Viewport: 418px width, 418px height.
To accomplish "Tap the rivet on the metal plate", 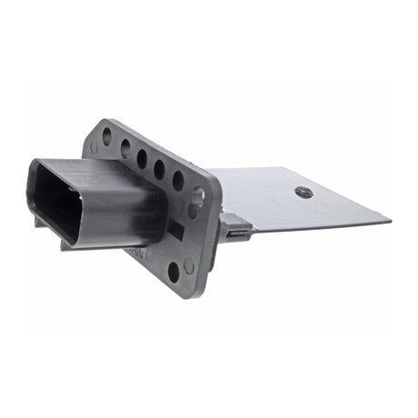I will pyautogui.click(x=304, y=192).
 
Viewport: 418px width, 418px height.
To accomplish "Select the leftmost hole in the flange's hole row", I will pyautogui.click(x=107, y=137).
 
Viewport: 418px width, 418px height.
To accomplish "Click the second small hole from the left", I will pyautogui.click(x=125, y=148).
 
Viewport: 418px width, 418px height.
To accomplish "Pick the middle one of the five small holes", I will pyautogui.click(x=143, y=159).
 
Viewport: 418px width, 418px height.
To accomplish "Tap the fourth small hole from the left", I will pyautogui.click(x=160, y=169).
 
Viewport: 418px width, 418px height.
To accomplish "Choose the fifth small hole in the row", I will pyautogui.click(x=178, y=180).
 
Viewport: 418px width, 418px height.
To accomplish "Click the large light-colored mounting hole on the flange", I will pyautogui.click(x=198, y=194).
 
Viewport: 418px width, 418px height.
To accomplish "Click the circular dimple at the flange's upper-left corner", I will pyautogui.click(x=94, y=146).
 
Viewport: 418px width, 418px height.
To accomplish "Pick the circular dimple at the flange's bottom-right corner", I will pyautogui.click(x=189, y=266).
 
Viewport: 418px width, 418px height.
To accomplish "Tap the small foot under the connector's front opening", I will pyautogui.click(x=41, y=221).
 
